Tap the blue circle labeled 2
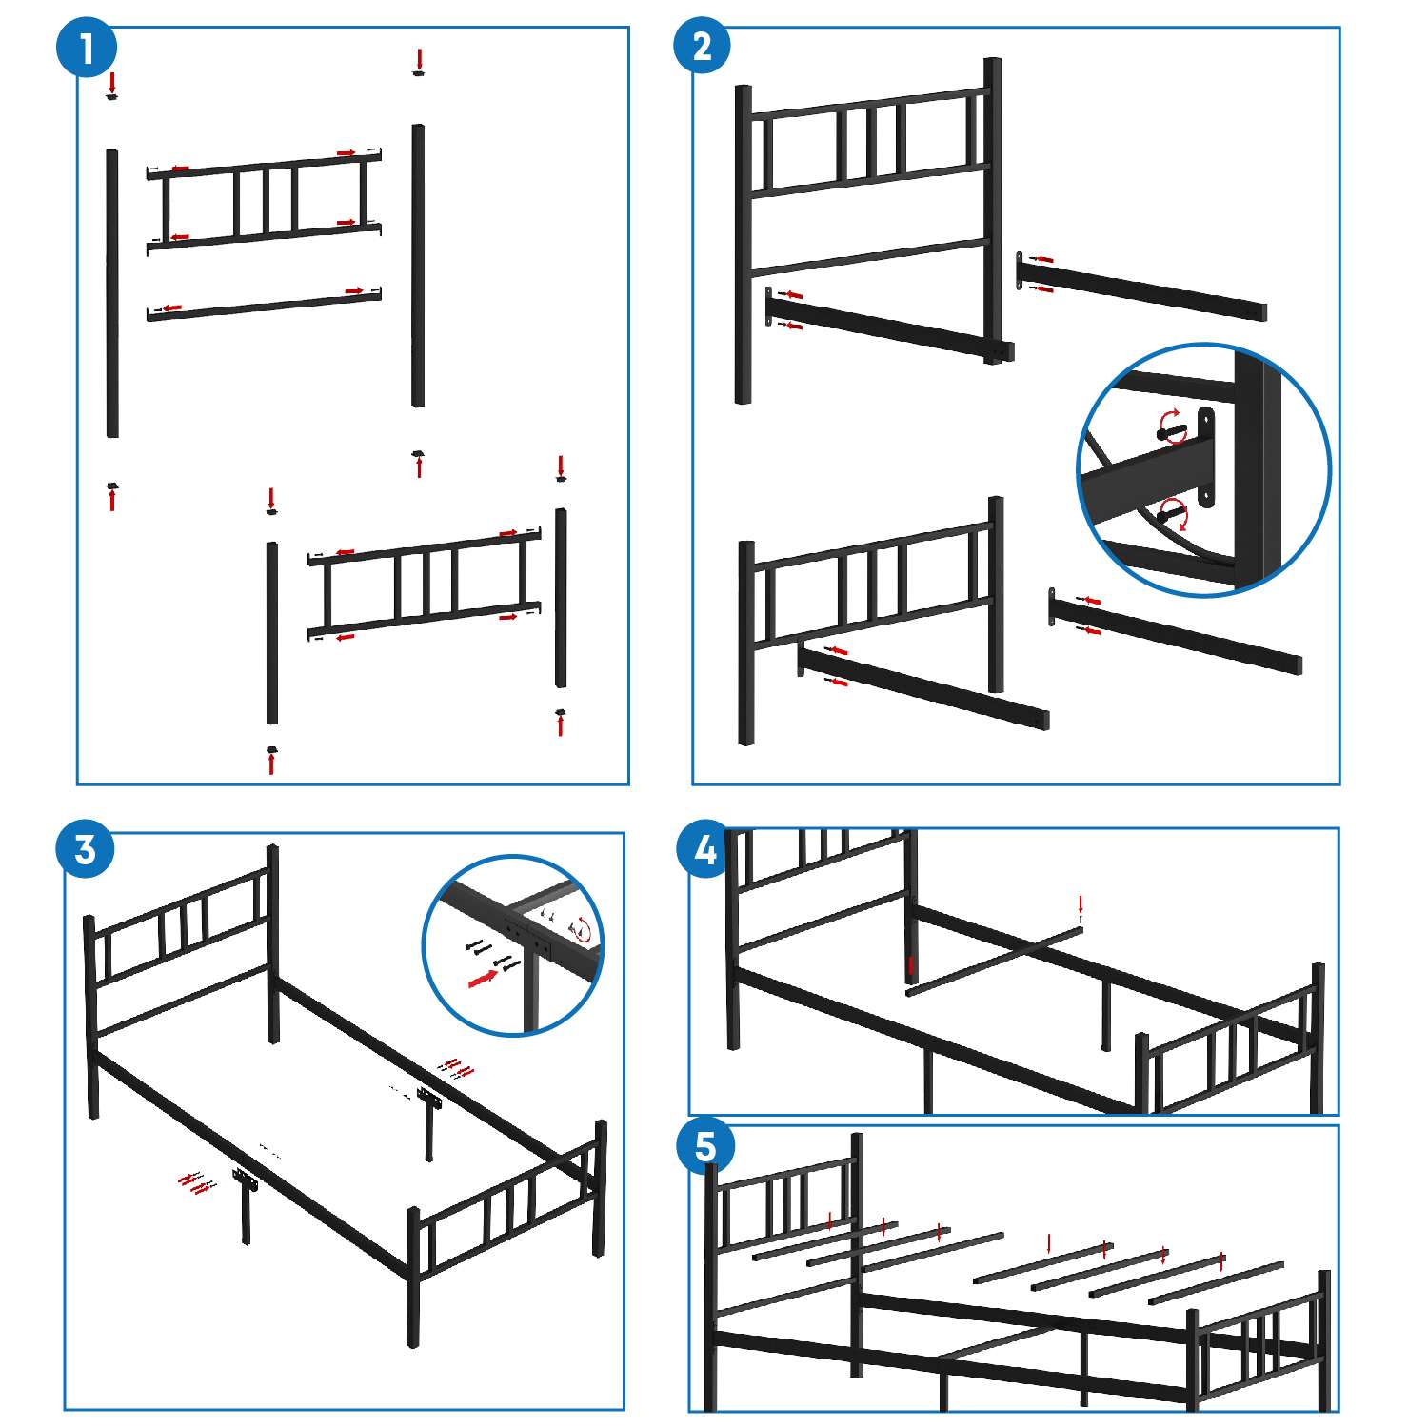pyautogui.click(x=703, y=46)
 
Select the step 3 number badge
pyautogui.click(x=86, y=848)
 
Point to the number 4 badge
pyautogui.click(x=704, y=849)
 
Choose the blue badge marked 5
pyautogui.click(x=704, y=1146)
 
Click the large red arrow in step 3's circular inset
pyautogui.click(x=483, y=978)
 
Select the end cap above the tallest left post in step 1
pyautogui.click(x=112, y=96)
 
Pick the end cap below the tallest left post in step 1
pyautogui.click(x=112, y=486)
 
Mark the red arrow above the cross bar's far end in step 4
pyautogui.click(x=1080, y=904)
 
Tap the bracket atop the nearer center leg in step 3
pyautogui.click(x=248, y=1184)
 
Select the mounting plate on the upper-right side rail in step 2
pyautogui.click(x=1021, y=271)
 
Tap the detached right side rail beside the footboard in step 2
pyautogui.click(x=1176, y=632)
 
